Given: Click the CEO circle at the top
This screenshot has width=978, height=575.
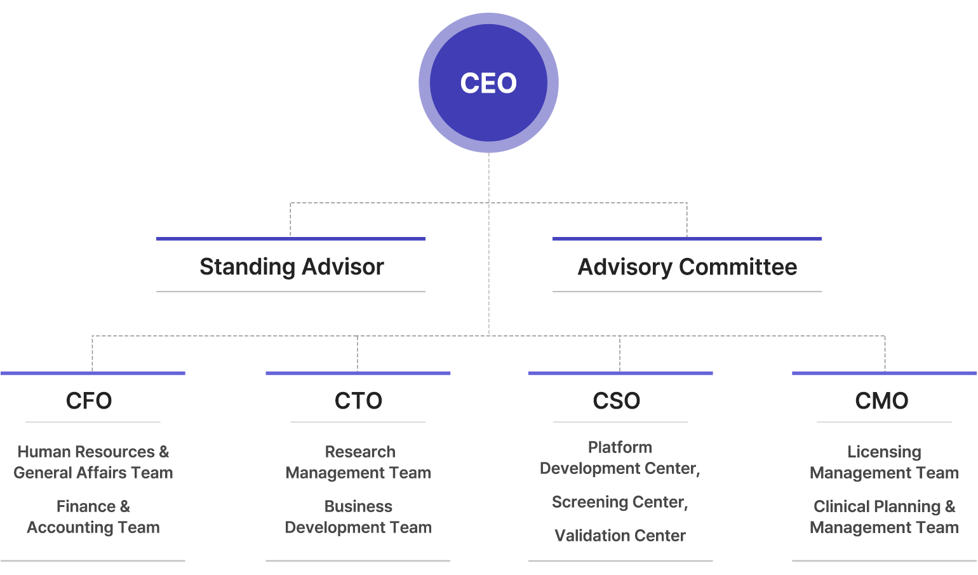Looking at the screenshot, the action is coord(488,83).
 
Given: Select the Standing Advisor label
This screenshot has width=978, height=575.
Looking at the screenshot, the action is coord(291,266).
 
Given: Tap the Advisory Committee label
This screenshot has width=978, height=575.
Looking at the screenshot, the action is coord(687,267).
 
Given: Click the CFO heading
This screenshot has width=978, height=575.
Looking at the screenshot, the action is coord(89,401).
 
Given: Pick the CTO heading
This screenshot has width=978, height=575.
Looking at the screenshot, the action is coord(358,401).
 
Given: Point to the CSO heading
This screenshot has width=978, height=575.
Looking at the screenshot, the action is coord(617,401).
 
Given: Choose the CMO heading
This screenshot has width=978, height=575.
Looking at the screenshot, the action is coord(882,401).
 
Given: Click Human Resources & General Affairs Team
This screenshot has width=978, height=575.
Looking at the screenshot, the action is coord(93,463).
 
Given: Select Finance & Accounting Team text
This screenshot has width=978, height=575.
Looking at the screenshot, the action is coord(93,517).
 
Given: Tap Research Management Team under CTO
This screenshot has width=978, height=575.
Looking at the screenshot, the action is coord(358,463).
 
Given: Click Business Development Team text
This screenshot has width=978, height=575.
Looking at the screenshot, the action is coord(358,517).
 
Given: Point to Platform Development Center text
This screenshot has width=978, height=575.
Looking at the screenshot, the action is coord(620,457).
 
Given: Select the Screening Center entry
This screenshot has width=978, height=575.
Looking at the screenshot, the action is coord(620,502).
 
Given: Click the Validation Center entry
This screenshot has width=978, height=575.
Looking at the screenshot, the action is coord(620,536).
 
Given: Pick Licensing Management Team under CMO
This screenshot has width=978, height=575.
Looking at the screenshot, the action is coord(884,463).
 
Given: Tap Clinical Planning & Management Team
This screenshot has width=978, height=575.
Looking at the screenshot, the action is coord(884,517).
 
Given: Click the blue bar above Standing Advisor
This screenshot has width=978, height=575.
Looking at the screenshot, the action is coord(291,239).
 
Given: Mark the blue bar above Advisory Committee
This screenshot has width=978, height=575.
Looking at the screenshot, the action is coord(687,239).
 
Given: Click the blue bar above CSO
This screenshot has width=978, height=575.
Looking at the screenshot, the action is coord(620,373).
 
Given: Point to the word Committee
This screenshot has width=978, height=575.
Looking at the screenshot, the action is coord(738,267).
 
